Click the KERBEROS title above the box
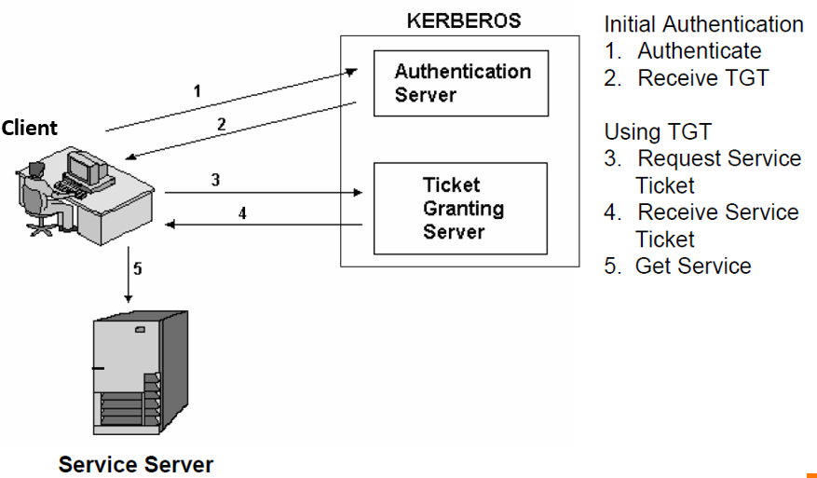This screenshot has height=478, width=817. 464,20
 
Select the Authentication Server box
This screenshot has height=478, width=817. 460,83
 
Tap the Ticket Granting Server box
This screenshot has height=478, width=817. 460,209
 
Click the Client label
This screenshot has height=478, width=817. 29,128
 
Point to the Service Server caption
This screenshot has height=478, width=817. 136,464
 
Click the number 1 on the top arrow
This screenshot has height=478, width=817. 197,91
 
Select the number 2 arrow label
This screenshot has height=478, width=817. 222,124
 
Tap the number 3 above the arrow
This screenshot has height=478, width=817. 215,180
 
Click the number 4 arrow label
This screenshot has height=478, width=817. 242,212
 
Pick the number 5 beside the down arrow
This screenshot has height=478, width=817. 138,269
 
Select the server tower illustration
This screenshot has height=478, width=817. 140,376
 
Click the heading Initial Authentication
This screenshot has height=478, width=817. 703,24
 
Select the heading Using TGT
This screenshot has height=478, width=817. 657,131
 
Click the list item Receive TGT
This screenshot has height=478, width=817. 702,78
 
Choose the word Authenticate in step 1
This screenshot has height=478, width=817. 699,51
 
